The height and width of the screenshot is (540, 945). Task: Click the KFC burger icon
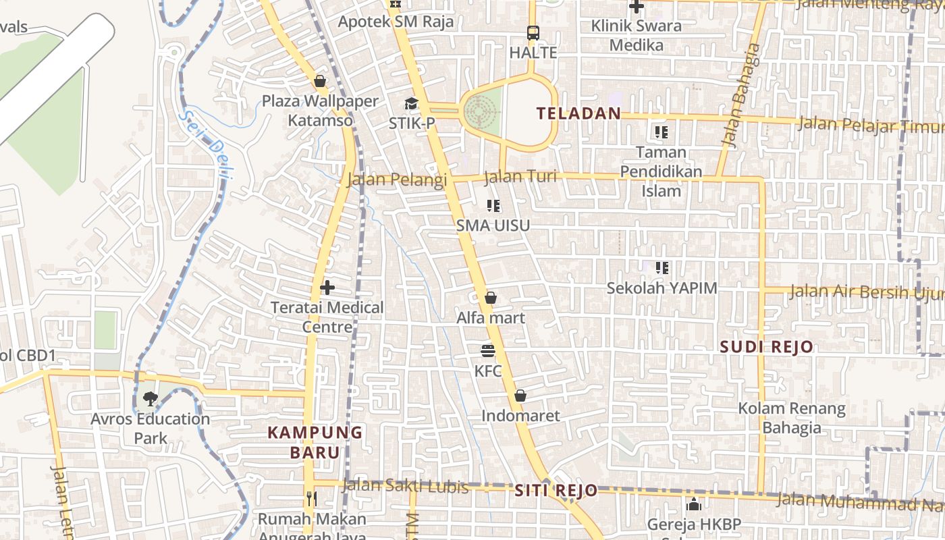[x=488, y=351]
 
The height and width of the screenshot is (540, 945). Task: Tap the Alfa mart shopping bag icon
[x=491, y=298]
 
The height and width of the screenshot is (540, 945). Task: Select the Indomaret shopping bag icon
[x=520, y=396]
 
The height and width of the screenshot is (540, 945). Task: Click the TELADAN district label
[x=578, y=113]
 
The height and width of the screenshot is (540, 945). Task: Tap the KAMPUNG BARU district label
[x=315, y=442]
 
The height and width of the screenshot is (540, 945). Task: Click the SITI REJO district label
[x=556, y=491]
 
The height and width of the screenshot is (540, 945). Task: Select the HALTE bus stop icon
[x=533, y=32]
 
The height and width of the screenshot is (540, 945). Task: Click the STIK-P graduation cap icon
[x=411, y=103]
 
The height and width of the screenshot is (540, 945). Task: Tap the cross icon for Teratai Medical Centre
[x=327, y=288]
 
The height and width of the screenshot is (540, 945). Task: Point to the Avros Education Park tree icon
[x=151, y=399]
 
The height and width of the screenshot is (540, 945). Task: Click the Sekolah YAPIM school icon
[x=661, y=268]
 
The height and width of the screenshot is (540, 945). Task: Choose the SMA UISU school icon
[x=493, y=206]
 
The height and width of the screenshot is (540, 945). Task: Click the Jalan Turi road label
[x=520, y=177]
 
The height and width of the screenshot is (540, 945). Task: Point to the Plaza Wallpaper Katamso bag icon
[x=320, y=82]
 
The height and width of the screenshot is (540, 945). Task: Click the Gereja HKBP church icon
[x=693, y=504]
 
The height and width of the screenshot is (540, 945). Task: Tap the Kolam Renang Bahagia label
[x=791, y=418]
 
